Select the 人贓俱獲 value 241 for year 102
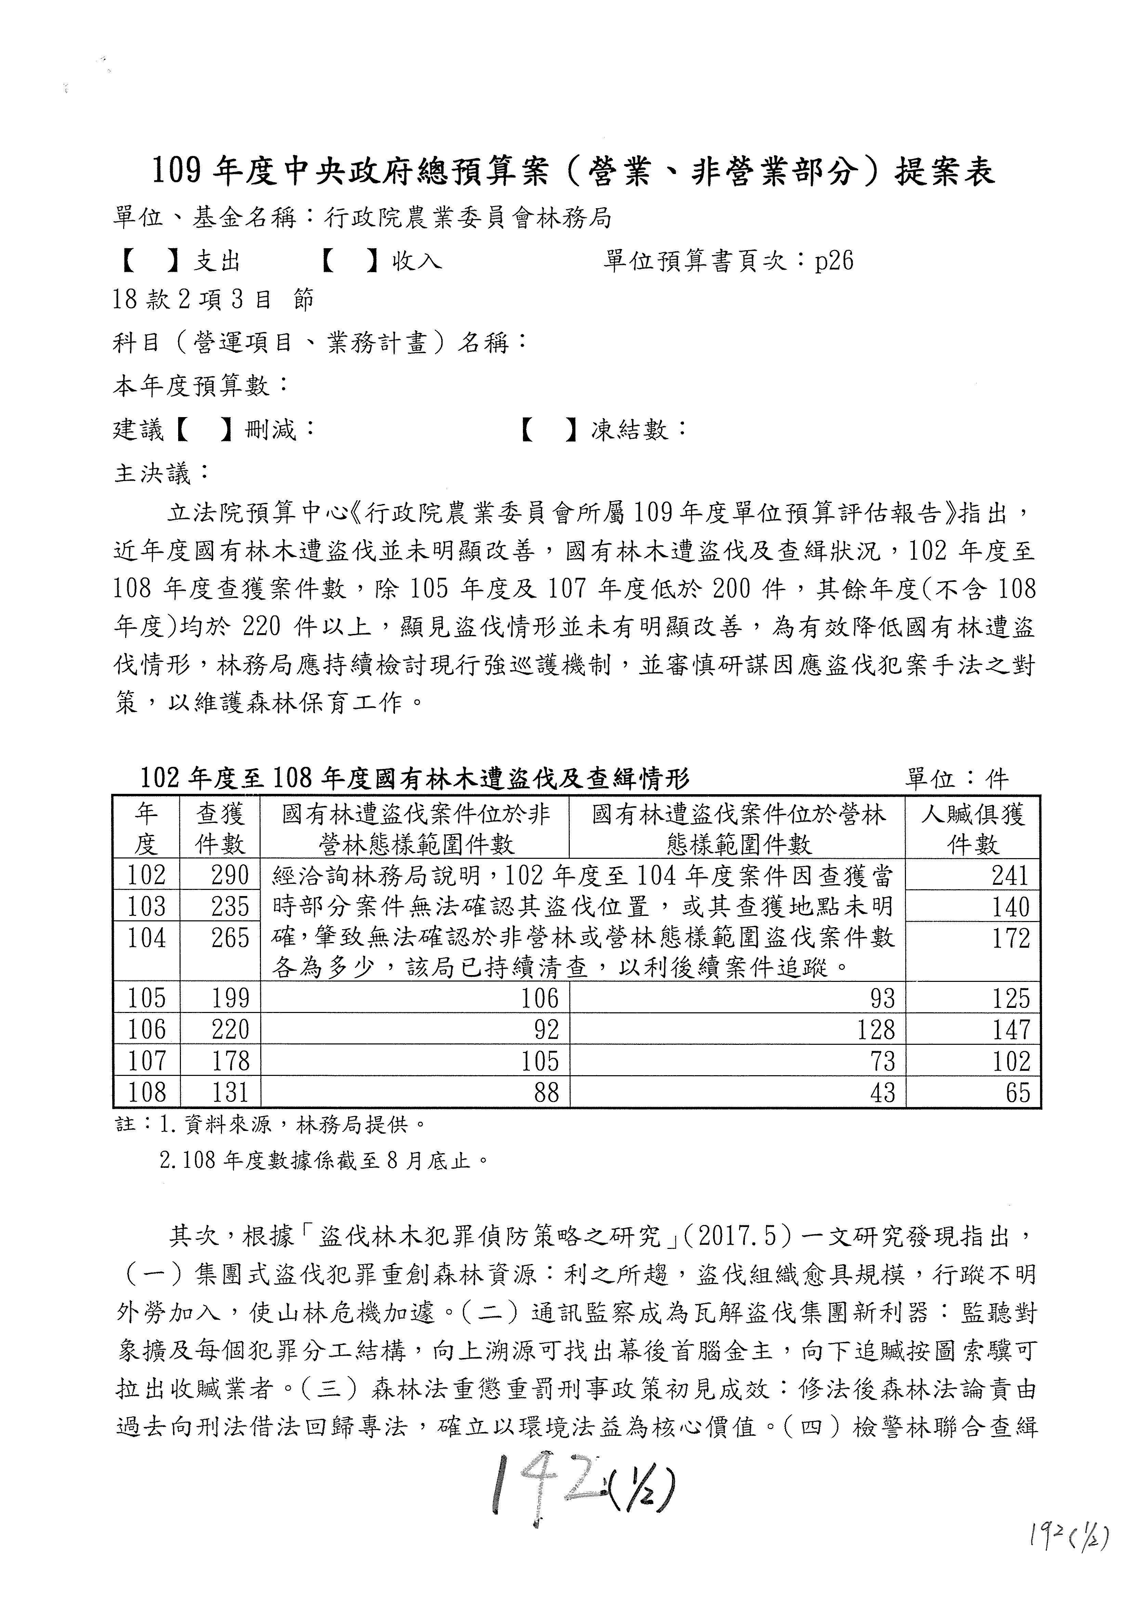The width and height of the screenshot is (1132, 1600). [x=1010, y=875]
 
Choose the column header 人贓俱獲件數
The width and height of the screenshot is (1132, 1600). [x=973, y=829]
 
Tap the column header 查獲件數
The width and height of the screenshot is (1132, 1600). [x=220, y=829]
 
